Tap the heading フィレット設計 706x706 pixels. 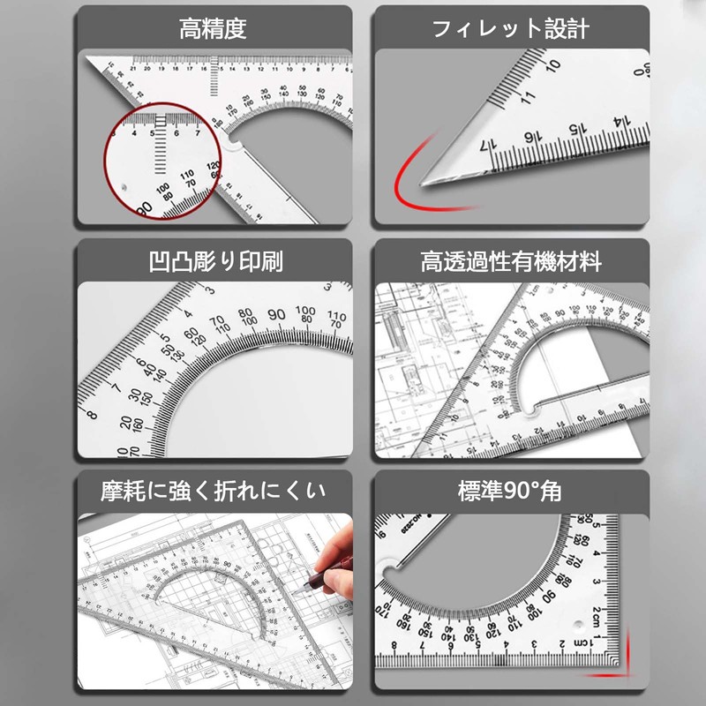tap(510, 29)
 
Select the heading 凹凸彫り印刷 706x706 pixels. tap(215, 262)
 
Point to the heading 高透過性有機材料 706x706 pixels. tap(511, 262)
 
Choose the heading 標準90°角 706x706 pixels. tap(510, 491)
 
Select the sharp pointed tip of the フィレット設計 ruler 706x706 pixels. tap(425, 184)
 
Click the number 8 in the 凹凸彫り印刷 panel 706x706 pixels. tap(92, 413)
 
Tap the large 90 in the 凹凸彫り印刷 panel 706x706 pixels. tap(276, 315)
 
